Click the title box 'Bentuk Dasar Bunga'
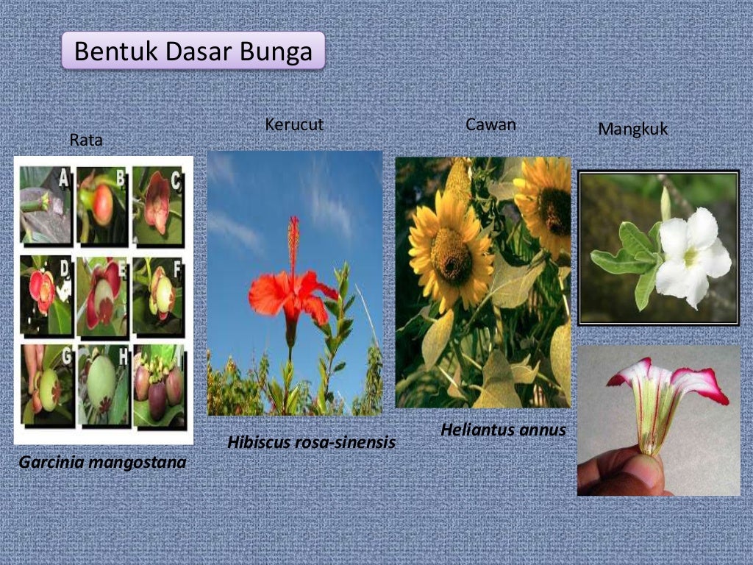click(193, 51)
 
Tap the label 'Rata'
click(86, 140)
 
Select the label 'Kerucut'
click(294, 125)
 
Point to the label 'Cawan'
click(490, 125)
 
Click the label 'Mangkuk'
click(632, 129)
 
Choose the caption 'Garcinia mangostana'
click(102, 463)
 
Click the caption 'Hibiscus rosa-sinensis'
click(311, 443)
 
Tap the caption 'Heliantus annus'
click(503, 430)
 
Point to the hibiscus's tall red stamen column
click(294, 243)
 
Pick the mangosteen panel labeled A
click(45, 205)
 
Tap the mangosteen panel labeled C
click(158, 205)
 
